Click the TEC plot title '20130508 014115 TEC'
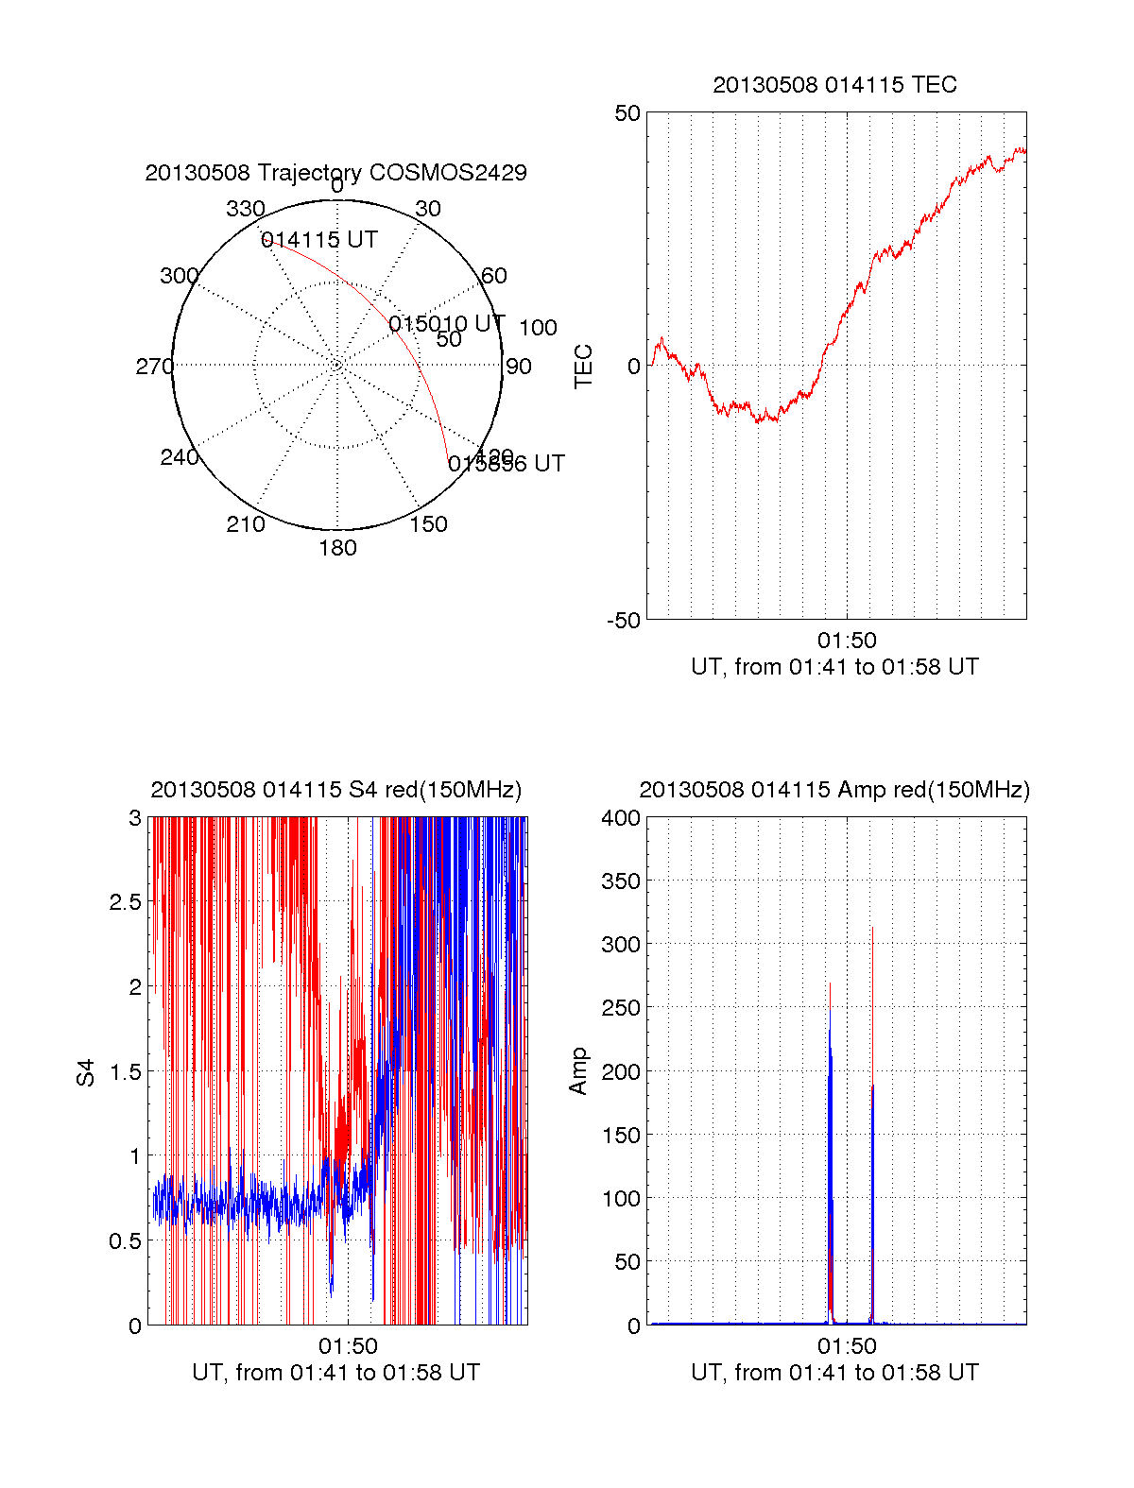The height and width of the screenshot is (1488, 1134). [834, 85]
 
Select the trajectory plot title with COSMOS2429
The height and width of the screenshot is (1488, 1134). [335, 173]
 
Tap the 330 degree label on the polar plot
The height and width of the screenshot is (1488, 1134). [245, 209]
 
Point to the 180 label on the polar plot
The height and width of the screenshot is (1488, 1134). [337, 548]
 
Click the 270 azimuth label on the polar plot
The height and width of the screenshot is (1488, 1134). [154, 367]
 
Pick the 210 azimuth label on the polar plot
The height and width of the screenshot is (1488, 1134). [245, 524]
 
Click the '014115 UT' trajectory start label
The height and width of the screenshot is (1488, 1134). [319, 240]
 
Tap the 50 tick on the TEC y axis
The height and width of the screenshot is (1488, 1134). [627, 113]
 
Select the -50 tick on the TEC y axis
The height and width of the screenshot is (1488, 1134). [624, 621]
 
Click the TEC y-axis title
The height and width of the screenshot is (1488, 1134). [584, 367]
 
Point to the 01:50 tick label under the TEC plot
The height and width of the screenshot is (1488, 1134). [847, 641]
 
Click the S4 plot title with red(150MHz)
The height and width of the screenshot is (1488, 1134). [335, 790]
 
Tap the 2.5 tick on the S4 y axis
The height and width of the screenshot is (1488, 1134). [126, 902]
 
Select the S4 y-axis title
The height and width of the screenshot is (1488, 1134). [86, 1072]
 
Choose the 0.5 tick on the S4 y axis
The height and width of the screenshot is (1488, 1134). [126, 1241]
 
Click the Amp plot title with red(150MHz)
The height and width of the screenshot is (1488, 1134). [834, 790]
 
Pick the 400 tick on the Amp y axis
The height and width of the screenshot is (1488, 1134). [621, 818]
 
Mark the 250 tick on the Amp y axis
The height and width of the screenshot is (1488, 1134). [621, 1008]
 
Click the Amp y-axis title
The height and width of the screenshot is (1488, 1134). [578, 1071]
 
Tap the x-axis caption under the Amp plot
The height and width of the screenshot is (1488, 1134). [834, 1373]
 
